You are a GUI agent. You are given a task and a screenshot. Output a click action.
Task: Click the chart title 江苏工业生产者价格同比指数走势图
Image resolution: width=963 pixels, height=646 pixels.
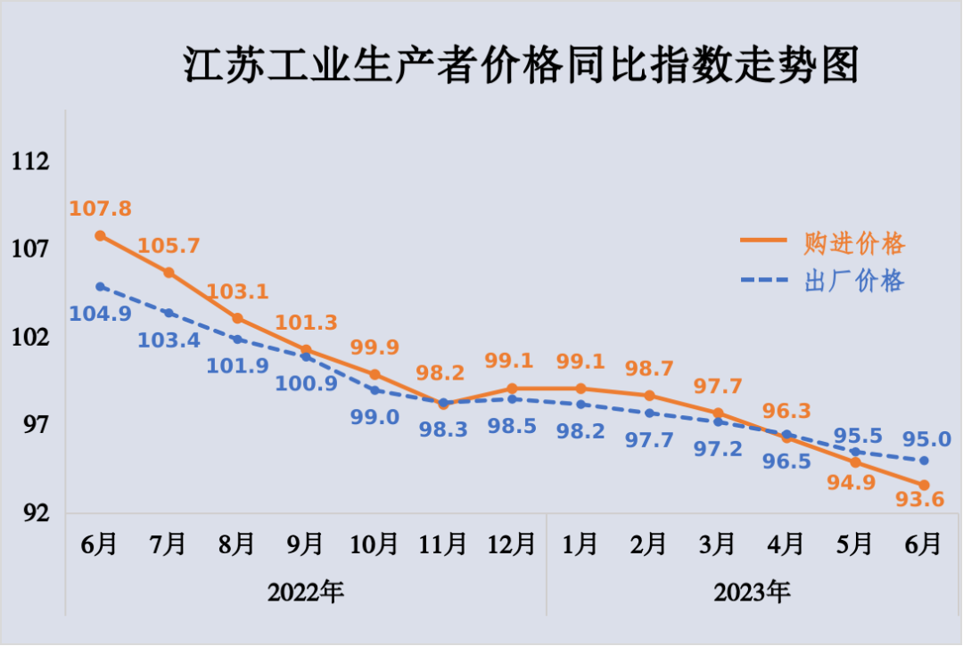point(521,65)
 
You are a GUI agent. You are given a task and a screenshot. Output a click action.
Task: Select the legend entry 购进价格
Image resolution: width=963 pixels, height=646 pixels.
point(854,242)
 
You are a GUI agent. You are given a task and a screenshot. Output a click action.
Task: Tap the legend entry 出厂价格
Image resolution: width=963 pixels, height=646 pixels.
point(854,282)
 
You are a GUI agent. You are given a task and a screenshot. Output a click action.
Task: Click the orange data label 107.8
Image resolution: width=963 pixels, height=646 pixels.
point(100,209)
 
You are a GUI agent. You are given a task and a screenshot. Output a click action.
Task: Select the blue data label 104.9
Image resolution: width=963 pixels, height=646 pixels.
point(102,313)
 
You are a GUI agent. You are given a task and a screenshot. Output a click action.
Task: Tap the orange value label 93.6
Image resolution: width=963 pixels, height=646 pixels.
point(923,501)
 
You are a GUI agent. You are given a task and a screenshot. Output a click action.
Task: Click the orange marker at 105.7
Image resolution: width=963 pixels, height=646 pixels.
point(169,273)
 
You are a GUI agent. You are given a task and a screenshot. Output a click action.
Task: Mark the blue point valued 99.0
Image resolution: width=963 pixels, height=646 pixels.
point(375,390)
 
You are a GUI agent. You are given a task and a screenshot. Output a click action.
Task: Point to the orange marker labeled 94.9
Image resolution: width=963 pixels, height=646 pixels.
point(855,462)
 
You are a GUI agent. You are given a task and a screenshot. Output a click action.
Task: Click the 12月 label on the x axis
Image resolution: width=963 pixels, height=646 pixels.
point(512,543)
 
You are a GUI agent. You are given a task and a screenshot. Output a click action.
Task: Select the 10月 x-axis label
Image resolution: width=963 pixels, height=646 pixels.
point(374,543)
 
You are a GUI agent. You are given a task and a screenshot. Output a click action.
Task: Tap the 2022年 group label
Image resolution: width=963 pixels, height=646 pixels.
point(306,591)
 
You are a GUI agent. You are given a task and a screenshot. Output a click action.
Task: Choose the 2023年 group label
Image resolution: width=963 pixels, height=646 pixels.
point(752,591)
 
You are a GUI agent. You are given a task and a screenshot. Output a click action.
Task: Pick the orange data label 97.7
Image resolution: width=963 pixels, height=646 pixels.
point(717,387)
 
